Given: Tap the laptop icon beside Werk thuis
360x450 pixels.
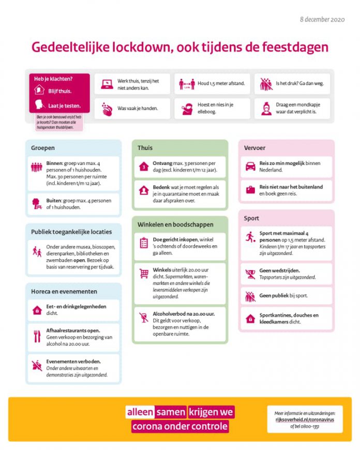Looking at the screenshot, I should [107, 83].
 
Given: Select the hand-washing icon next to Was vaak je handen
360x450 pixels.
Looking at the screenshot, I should [107, 109].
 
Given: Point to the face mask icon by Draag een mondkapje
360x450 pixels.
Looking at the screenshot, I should [266, 109].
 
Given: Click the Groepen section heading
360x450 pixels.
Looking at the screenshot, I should [43, 148].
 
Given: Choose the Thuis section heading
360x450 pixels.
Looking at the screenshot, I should [145, 148].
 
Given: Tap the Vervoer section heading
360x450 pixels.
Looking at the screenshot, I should [254, 148].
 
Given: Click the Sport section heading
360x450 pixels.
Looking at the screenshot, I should [251, 218].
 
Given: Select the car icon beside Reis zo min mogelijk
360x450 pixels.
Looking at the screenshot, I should [250, 167].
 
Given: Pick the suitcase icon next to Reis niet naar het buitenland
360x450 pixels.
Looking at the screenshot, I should [250, 190].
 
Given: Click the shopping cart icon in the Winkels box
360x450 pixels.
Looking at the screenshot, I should [144, 274].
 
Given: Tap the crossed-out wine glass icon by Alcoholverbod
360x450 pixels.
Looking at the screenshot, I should [144, 317].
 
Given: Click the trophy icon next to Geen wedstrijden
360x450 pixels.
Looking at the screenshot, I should [250, 274].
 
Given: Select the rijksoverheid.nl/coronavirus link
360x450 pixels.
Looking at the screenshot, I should [305, 419].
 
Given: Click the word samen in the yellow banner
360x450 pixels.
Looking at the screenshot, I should [171, 412].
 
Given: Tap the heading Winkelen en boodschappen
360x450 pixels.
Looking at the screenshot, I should [175, 224].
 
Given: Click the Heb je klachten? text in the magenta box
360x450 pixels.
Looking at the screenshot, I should [53, 79].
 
